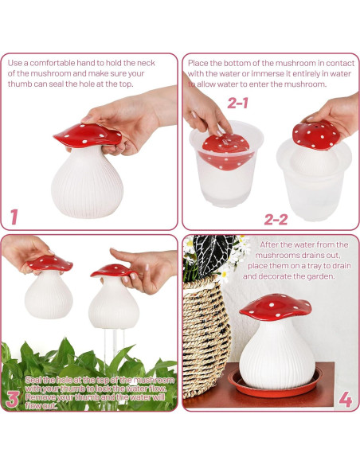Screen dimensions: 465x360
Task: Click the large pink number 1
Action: point(14,216)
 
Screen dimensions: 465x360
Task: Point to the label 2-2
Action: point(276,218)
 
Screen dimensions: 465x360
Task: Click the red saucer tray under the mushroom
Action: point(275,383)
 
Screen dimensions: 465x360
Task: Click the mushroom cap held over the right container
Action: point(315,135)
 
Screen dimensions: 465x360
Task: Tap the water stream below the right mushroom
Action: point(111,350)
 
